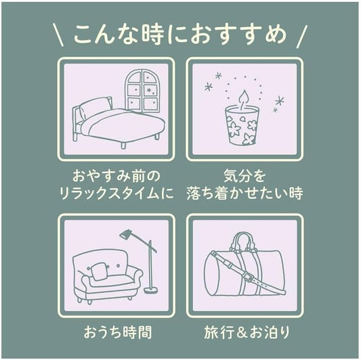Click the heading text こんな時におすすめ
point(180,35)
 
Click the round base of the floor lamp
point(151,290)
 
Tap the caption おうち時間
point(118,332)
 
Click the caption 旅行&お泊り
point(247,332)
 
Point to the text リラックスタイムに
point(116,193)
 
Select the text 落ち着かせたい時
point(245,193)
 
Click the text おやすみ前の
point(116,176)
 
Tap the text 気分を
point(245,176)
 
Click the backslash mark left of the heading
point(58,35)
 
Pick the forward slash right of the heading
point(301,37)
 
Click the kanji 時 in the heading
point(152,35)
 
